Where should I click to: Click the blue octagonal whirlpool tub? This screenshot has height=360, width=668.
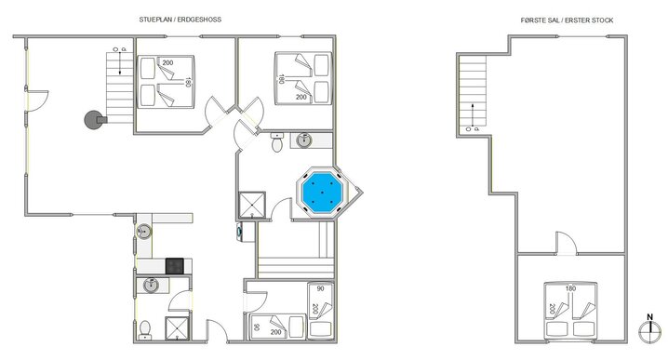point(322,193)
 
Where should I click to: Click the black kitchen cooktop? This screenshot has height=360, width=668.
point(175,265)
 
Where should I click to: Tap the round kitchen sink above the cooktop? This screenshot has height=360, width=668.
point(143,232)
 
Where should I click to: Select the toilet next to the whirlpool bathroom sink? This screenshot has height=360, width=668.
point(276,141)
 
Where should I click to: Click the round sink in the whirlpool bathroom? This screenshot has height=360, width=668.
point(304,140)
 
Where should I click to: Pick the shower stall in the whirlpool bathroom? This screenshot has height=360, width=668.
point(252,205)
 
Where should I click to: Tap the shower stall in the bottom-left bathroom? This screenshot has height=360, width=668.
point(176,327)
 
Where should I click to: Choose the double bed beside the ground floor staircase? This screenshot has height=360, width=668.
point(165,82)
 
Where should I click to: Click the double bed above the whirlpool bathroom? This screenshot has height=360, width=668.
point(302,75)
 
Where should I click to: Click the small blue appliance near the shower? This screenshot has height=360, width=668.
point(242,232)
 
